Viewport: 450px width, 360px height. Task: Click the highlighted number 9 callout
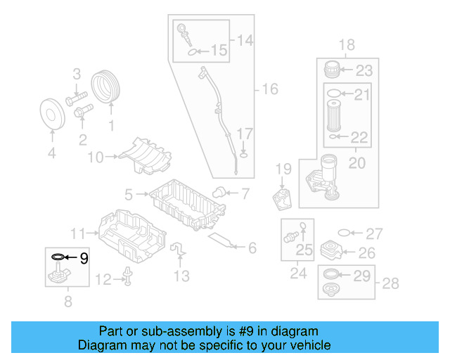click(84, 258)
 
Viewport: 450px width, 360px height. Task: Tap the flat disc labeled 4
click(51, 114)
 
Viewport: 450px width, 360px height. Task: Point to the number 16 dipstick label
click(270, 89)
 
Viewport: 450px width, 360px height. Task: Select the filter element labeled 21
click(335, 113)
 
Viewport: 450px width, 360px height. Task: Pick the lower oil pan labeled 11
click(131, 233)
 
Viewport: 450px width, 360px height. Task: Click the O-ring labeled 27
click(343, 233)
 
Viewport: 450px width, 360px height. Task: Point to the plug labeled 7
click(219, 191)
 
